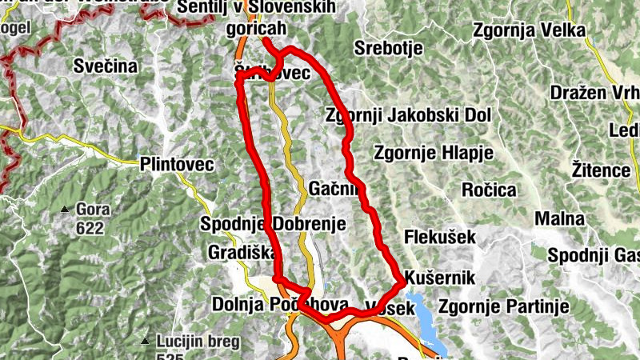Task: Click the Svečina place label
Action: (x=106, y=66)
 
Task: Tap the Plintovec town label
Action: (x=176, y=165)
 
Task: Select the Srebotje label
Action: (x=388, y=47)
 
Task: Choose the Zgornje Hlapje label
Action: (x=422, y=152)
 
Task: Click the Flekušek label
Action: (x=440, y=237)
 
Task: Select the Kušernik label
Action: (x=441, y=278)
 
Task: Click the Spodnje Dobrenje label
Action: (x=273, y=224)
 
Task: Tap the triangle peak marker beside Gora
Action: (x=65, y=210)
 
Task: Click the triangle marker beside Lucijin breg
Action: (x=145, y=341)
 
